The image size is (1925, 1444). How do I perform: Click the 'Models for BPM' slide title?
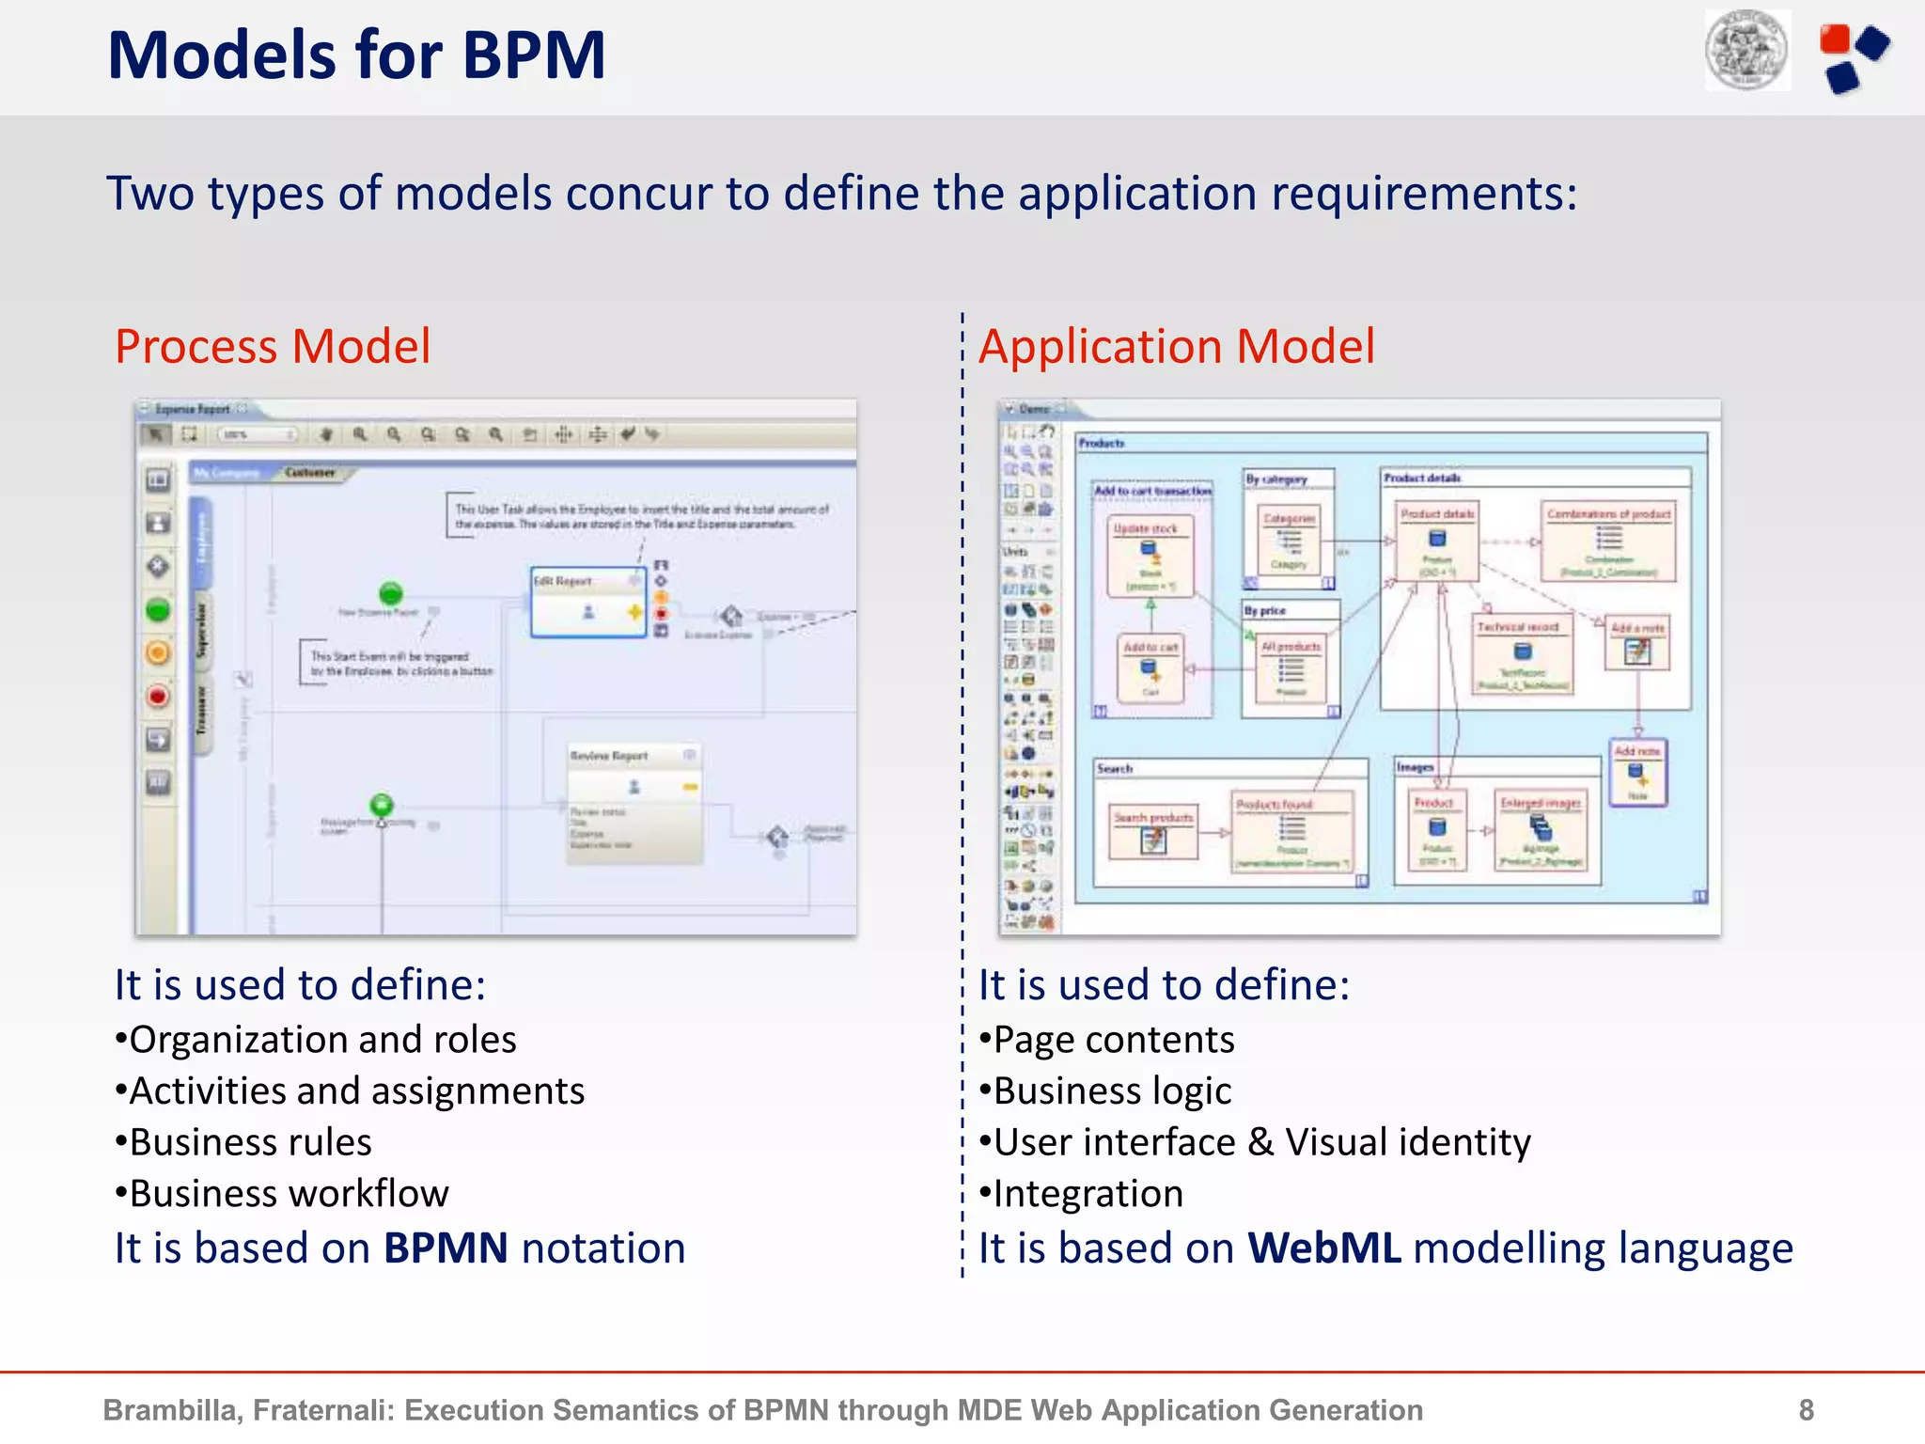pos(356,55)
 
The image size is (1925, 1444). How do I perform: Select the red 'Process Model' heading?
pos(273,346)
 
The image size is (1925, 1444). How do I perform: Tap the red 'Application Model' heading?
pos(1176,346)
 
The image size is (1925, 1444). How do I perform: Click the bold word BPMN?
pos(446,1248)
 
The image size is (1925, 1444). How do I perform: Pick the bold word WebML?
pos(1323,1248)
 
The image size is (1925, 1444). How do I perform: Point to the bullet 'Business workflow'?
pos(282,1193)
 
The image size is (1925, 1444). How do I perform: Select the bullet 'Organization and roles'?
pos(316,1040)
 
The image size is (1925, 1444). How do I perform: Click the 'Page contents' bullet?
pos(1107,1040)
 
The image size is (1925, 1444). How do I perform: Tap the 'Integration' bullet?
pos(1081,1193)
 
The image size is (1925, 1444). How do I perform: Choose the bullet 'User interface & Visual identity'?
pos(1255,1142)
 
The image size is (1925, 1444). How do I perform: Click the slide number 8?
pos(1806,1409)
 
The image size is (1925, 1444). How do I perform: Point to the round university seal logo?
pos(1747,51)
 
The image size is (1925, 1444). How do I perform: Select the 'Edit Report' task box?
pos(588,603)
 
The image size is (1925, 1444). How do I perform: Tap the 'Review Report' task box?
pos(634,804)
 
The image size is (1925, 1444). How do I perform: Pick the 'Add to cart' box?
pos(1150,668)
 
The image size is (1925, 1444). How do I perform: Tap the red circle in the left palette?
pos(158,697)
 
